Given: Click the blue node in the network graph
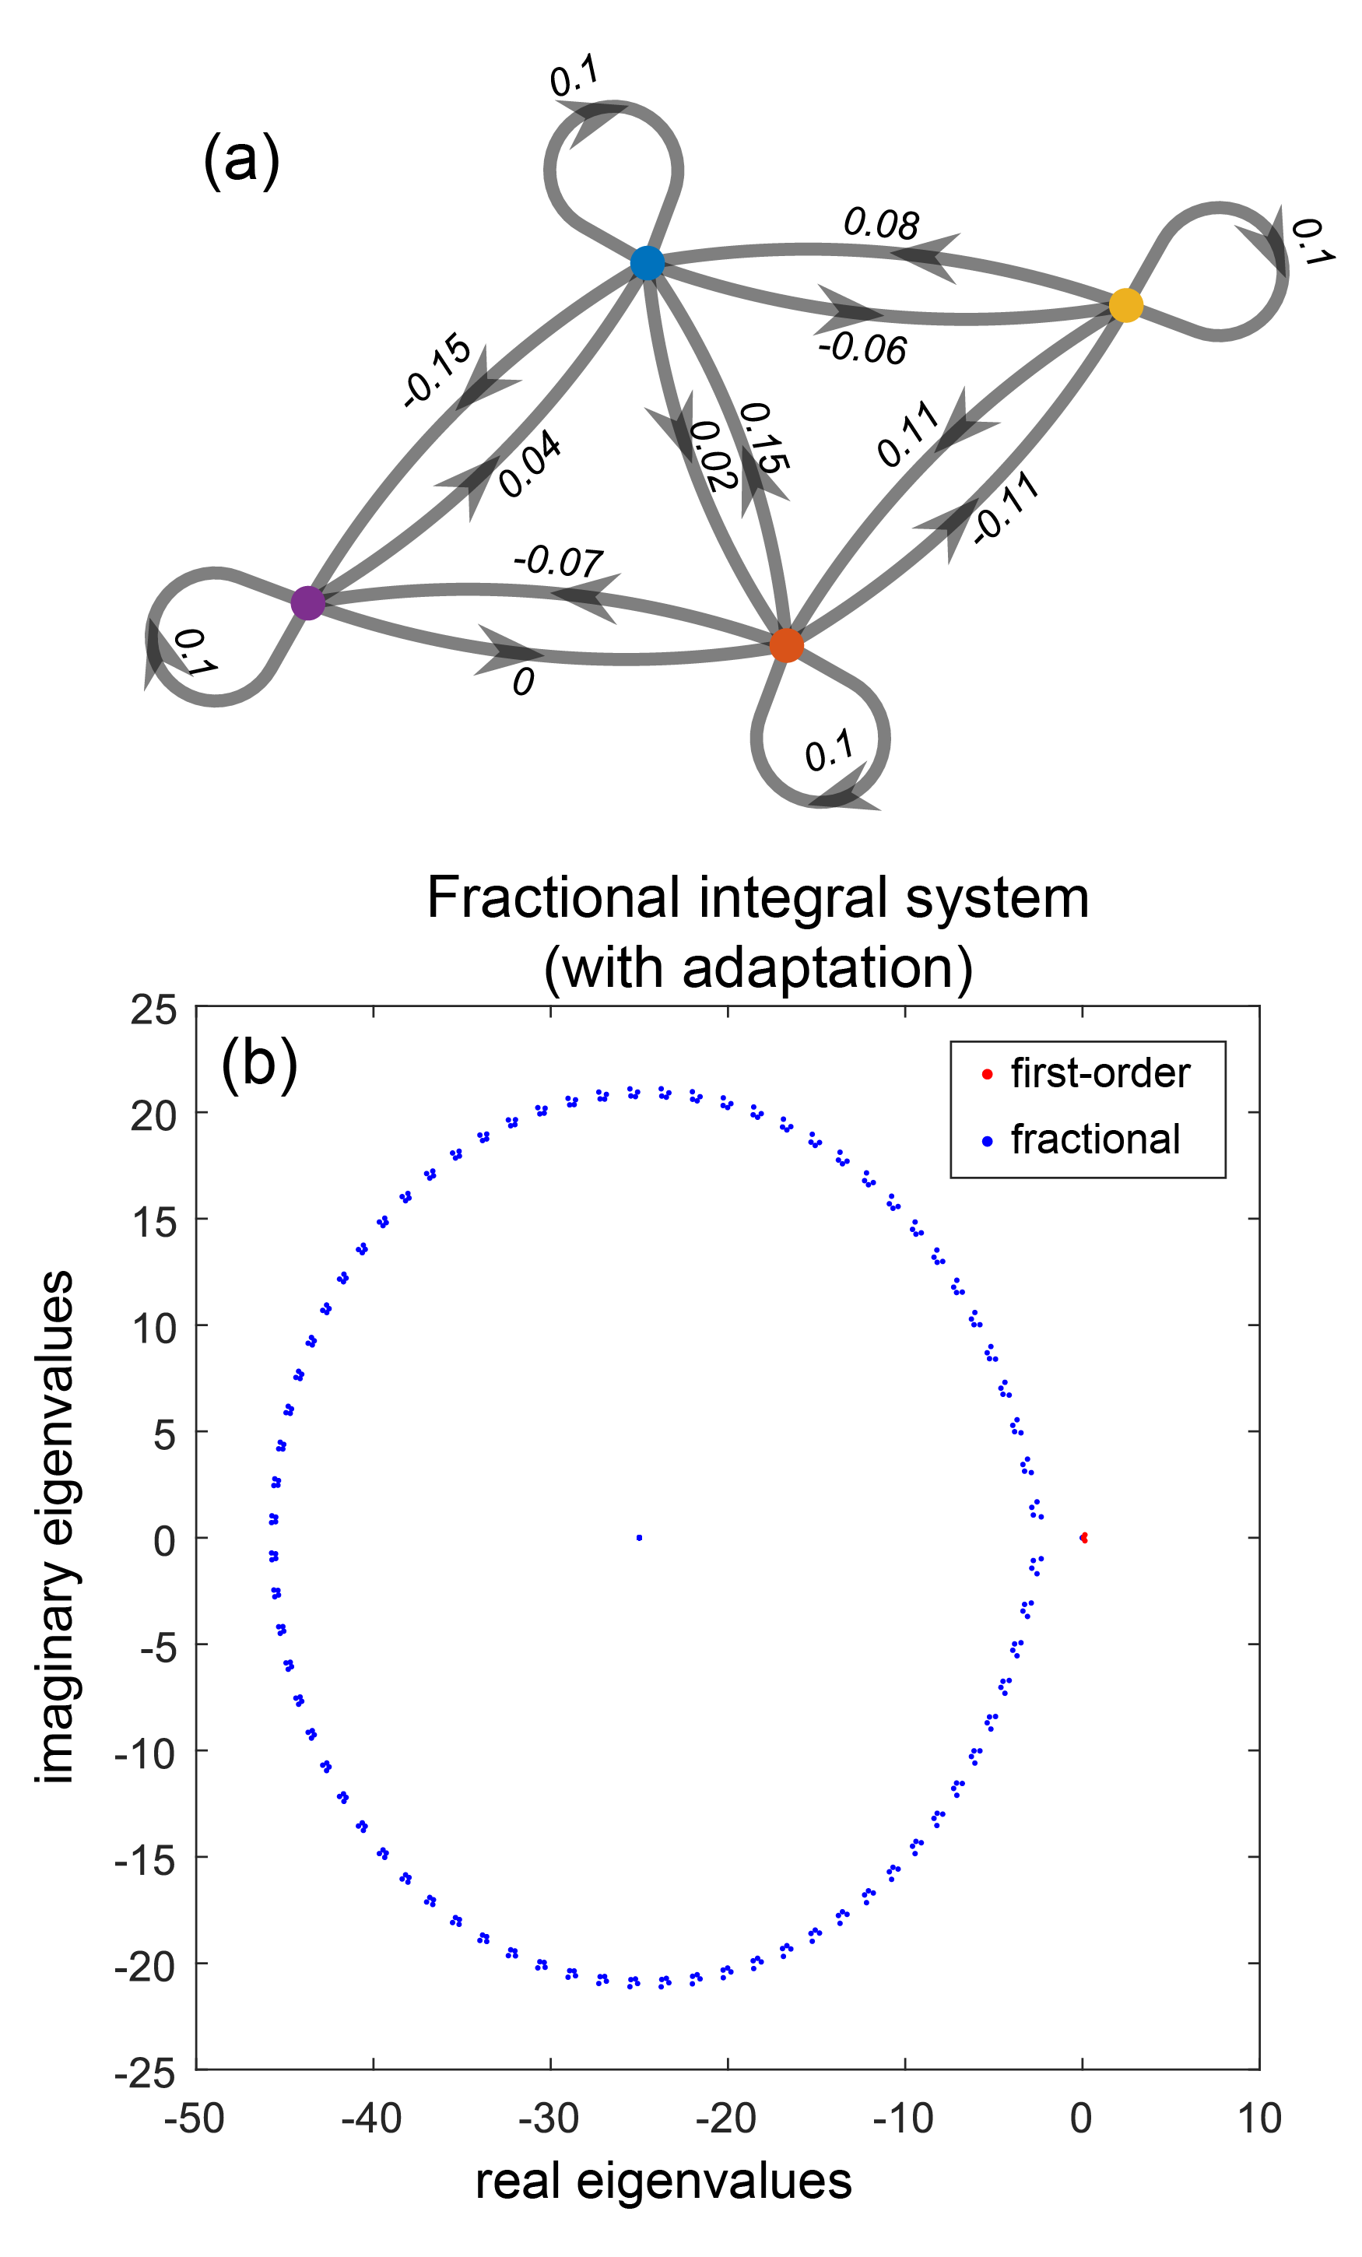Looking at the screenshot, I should click(647, 263).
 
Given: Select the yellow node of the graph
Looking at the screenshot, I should click(1125, 305).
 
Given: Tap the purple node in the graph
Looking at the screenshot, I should click(307, 602).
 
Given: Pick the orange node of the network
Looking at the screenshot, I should click(786, 646).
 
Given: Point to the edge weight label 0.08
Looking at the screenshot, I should click(880, 224).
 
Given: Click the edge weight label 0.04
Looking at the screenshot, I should click(530, 465).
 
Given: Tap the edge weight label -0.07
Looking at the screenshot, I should click(558, 560).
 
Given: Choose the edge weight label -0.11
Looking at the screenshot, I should click(1006, 508).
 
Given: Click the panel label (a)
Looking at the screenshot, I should click(241, 160).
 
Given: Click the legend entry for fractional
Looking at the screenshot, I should click(1094, 1140).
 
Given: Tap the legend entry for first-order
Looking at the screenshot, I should click(1099, 1073).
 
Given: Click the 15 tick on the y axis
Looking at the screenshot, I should click(154, 1222).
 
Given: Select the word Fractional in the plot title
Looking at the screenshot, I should click(553, 897).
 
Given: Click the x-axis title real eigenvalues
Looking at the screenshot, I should click(663, 2182).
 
